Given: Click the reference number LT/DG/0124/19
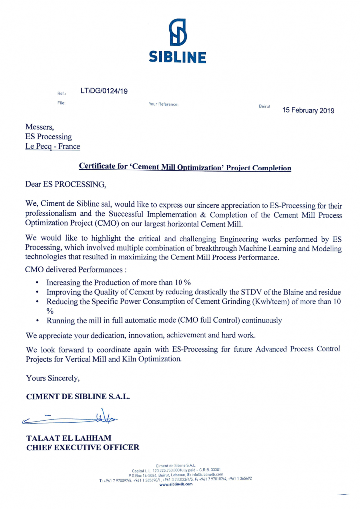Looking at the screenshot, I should coord(104,91).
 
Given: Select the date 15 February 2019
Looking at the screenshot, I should coord(308,110).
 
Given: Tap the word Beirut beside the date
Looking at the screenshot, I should coord(264,107).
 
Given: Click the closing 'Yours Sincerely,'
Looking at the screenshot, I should coord(54,379).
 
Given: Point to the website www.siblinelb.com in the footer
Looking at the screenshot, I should coord(176,485).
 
